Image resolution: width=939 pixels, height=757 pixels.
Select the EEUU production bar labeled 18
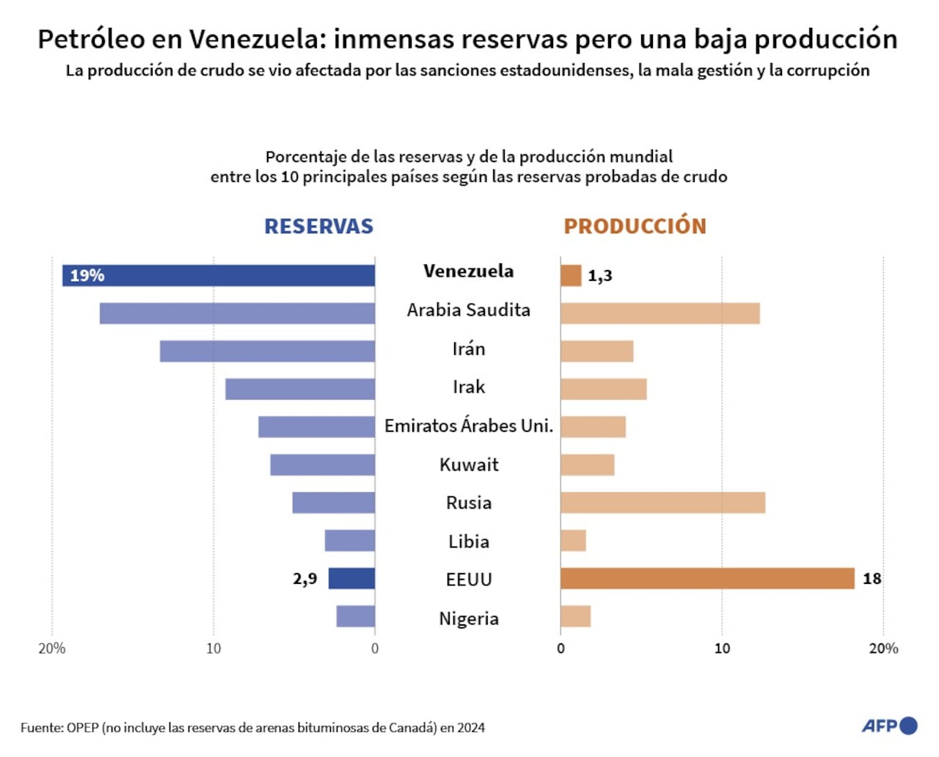[707, 579]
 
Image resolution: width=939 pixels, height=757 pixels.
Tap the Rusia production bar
[662, 503]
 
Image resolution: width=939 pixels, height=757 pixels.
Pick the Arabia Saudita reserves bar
[237, 313]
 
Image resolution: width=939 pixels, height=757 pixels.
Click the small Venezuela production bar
[571, 276]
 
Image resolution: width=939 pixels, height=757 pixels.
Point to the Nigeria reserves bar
[356, 617]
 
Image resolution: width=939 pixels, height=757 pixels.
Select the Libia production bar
[573, 541]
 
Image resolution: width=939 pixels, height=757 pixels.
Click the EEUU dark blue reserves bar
[351, 579]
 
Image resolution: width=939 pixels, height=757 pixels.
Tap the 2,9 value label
[305, 579]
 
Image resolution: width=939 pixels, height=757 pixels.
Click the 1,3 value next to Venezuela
[599, 276]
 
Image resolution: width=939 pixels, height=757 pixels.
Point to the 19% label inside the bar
[87, 276]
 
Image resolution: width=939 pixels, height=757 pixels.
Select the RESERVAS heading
[318, 226]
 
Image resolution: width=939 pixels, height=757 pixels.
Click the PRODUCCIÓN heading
[635, 226]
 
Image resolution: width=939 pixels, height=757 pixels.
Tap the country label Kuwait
[469, 465]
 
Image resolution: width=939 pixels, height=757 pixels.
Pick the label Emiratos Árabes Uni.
[469, 426]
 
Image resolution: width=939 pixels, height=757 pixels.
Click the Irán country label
[469, 349]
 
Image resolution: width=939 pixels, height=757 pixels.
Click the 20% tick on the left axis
[52, 648]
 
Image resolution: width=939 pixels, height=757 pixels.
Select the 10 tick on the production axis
[722, 648]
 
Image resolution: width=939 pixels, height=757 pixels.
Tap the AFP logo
[889, 725]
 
